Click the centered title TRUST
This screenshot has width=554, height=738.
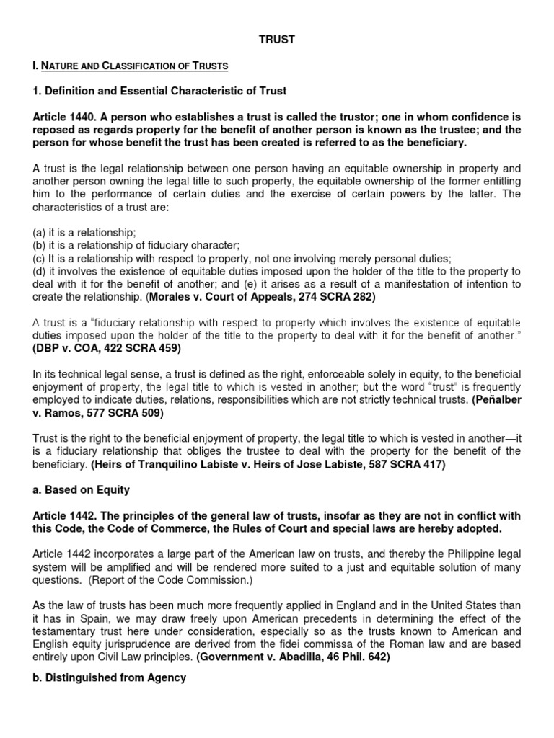[x=277, y=40]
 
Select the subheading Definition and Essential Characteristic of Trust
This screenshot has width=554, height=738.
[x=159, y=91]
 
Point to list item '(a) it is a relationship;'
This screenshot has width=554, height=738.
[x=85, y=233]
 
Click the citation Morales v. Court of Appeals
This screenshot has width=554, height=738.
[x=239, y=297]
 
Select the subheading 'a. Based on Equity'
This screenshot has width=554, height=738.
[x=82, y=490]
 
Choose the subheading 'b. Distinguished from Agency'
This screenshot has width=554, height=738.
[x=110, y=678]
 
